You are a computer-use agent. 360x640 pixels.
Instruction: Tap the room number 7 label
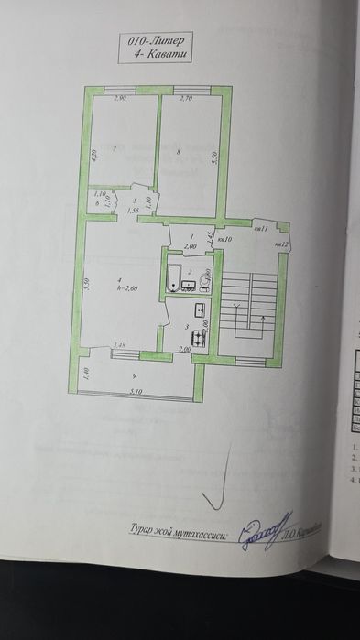coord(114,148)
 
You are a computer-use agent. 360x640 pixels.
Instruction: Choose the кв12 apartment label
coord(282,244)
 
